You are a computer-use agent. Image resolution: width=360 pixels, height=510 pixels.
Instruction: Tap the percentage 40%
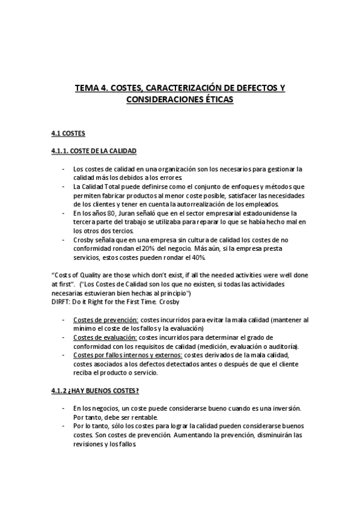coord(197,257)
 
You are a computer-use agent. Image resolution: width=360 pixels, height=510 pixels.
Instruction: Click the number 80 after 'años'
coord(105,213)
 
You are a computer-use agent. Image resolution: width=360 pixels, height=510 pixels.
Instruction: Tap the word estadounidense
coord(252,213)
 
